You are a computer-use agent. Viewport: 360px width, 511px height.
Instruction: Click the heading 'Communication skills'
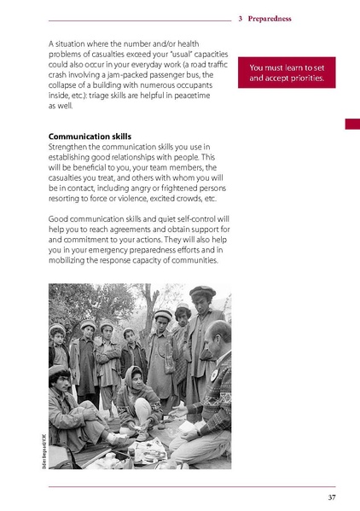[90, 136]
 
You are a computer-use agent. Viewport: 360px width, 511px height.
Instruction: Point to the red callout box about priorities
[287, 73]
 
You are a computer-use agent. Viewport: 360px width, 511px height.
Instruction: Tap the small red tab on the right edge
[351, 125]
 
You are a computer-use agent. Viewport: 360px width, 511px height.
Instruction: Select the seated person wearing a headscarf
[135, 392]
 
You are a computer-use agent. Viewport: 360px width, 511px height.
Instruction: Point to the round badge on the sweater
[213, 374]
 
